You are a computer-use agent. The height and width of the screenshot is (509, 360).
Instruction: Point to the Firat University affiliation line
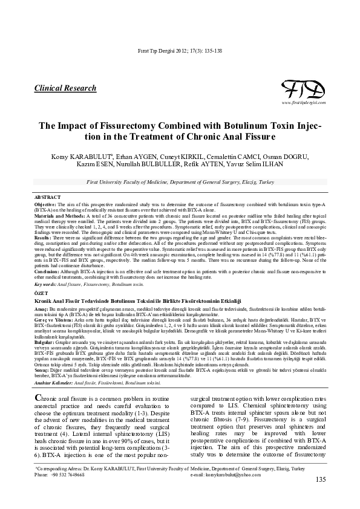[180, 181]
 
